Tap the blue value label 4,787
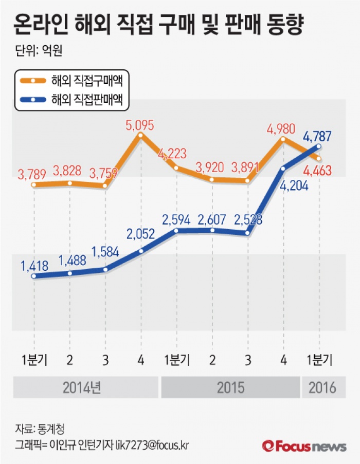coord(317,137)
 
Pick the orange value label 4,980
coord(282,127)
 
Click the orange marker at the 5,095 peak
coord(140,135)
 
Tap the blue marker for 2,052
coord(141,251)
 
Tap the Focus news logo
coord(304,446)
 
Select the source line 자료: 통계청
coord(40,428)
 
